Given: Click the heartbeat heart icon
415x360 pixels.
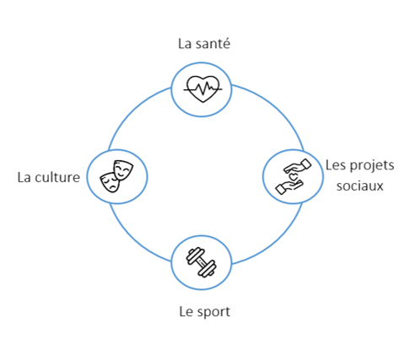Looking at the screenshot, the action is click(202, 89).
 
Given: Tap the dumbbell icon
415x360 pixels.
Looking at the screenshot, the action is click(202, 262).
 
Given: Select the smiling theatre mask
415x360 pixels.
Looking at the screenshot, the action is click(123, 169).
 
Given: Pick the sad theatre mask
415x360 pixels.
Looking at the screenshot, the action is click(110, 182).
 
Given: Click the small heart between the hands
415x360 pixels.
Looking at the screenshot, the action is click(294, 177).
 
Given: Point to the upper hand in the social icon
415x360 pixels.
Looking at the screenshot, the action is click(298, 166).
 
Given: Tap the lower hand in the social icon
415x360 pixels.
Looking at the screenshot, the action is click(289, 187).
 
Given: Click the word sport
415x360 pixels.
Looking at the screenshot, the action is click(213, 312).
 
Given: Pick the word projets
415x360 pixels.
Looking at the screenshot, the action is click(371, 165).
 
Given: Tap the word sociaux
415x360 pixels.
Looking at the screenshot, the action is click(360, 185).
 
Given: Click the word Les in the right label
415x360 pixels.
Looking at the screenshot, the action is click(336, 165).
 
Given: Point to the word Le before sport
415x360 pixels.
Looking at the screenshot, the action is click(186, 312).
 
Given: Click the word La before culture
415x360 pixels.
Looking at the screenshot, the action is click(24, 177).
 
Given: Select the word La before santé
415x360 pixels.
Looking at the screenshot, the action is click(185, 44).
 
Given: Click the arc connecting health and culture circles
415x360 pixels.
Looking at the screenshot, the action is click(133, 112).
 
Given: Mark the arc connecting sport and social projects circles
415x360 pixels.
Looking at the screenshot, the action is click(274, 239).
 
